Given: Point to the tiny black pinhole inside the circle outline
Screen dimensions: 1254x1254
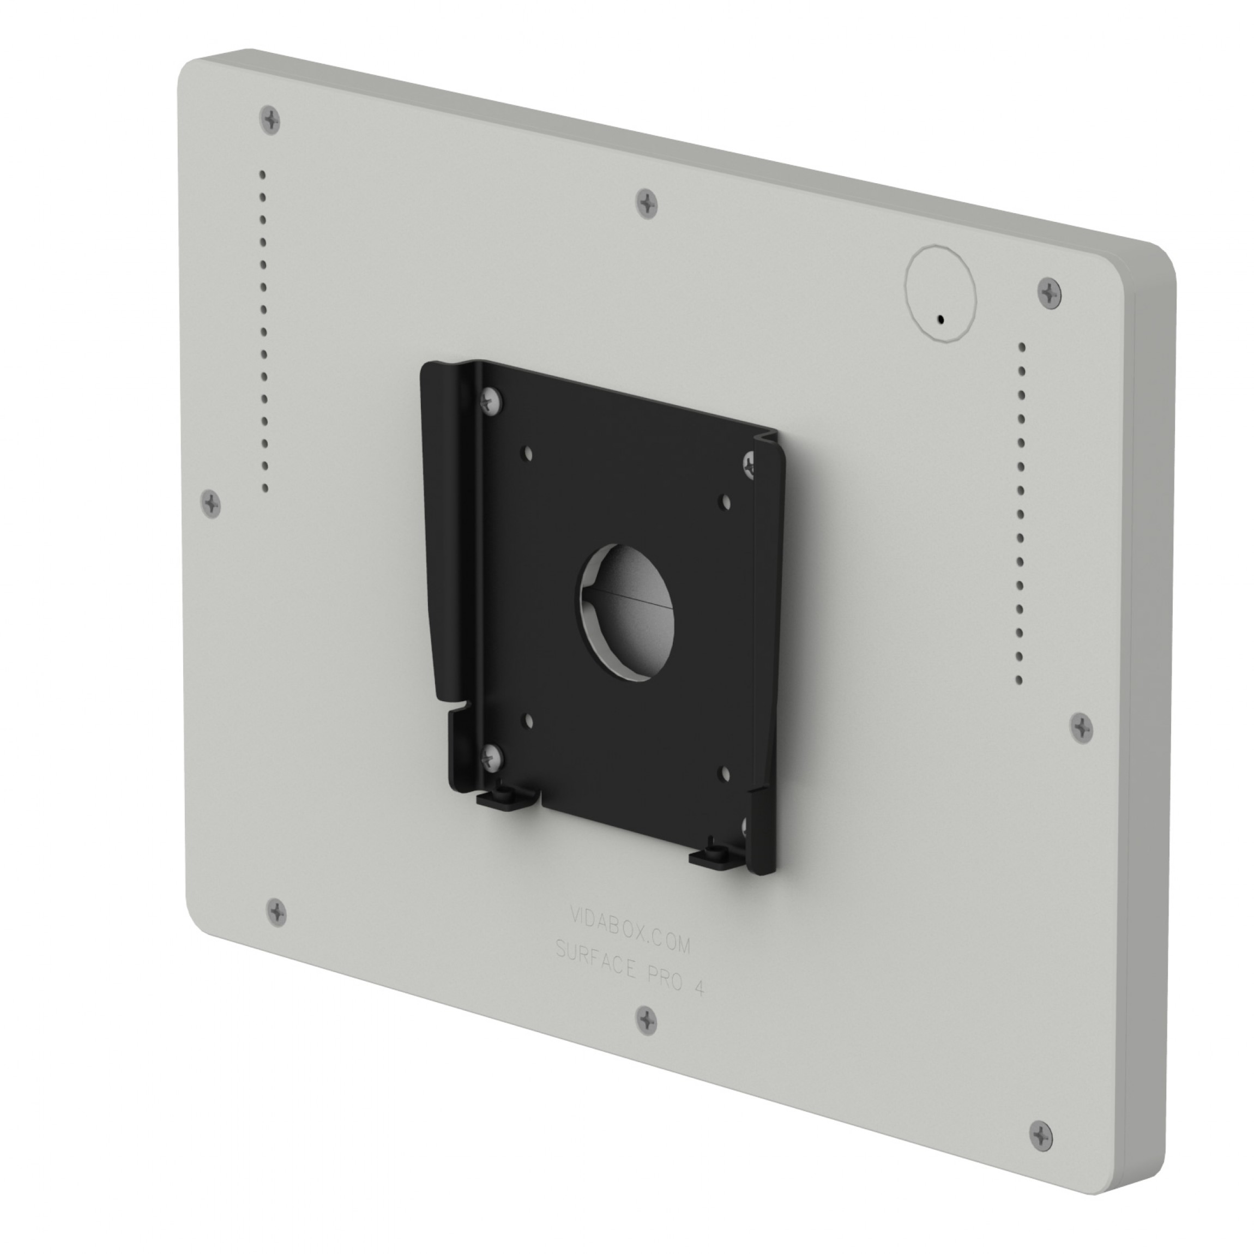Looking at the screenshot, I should click(941, 319).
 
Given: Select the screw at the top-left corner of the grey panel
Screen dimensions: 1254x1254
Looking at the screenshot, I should click(270, 119).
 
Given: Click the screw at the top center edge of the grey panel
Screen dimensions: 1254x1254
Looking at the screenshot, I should click(647, 203).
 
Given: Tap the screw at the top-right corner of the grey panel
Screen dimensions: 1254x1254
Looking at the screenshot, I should click(1049, 293).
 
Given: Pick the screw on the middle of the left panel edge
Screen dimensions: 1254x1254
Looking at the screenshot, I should click(211, 503).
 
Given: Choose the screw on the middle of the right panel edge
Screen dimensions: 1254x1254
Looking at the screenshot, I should click(1081, 728).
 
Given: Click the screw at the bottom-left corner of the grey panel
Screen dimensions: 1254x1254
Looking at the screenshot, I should click(276, 911).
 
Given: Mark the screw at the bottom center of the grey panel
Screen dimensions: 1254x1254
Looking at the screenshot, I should click(646, 1020).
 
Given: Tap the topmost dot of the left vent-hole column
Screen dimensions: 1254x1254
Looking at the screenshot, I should click(262, 174).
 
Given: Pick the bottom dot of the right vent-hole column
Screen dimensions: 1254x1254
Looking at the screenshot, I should click(1019, 680).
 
